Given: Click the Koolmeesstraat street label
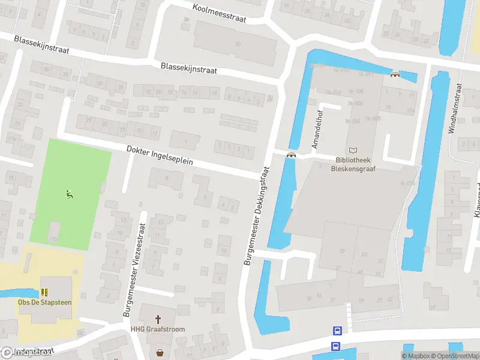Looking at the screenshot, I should point(220,13).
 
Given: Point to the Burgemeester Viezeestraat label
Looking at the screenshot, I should point(134,271).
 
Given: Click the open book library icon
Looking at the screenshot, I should point(353,150).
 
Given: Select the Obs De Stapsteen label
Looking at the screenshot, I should point(44,302).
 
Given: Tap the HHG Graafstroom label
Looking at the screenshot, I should point(158,329).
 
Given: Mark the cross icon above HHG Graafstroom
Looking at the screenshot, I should point(158,320).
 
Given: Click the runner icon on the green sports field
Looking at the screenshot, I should point(70,194).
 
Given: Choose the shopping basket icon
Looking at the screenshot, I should point(160,353).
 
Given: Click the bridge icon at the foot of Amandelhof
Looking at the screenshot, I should point(291,155).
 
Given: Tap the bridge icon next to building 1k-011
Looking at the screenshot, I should point(395,74).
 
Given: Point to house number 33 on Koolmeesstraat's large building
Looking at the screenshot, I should point(238,44).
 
